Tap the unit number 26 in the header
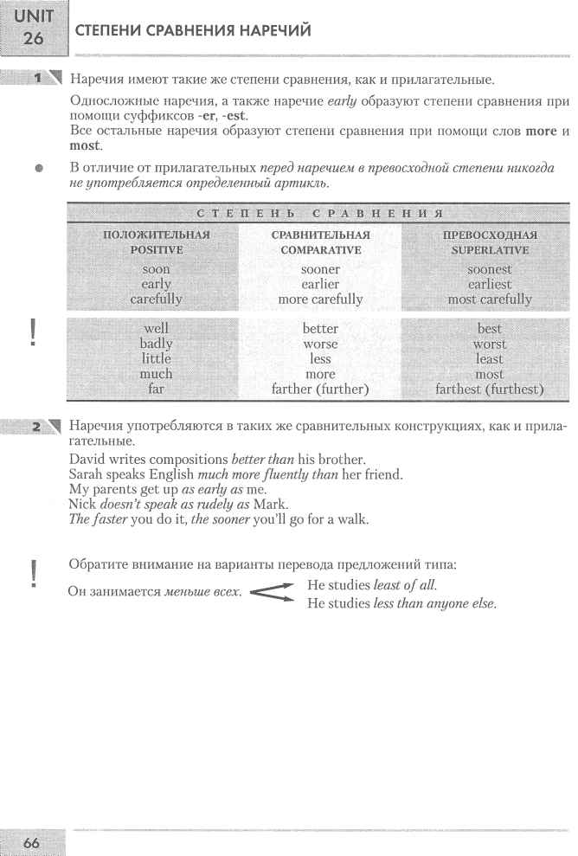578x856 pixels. point(34,38)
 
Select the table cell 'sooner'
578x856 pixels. point(320,269)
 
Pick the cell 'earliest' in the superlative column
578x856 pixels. point(490,284)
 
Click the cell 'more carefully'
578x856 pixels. point(320,299)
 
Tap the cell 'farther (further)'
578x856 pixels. point(320,389)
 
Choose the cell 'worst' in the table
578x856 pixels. point(490,344)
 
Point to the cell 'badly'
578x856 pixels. point(157,344)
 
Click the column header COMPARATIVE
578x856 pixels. point(320,250)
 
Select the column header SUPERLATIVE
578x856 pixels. point(490,250)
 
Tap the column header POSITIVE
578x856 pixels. point(157,250)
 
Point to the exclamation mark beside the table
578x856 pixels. point(33,331)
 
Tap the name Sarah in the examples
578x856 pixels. point(86,474)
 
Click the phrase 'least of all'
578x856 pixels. point(406,585)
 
